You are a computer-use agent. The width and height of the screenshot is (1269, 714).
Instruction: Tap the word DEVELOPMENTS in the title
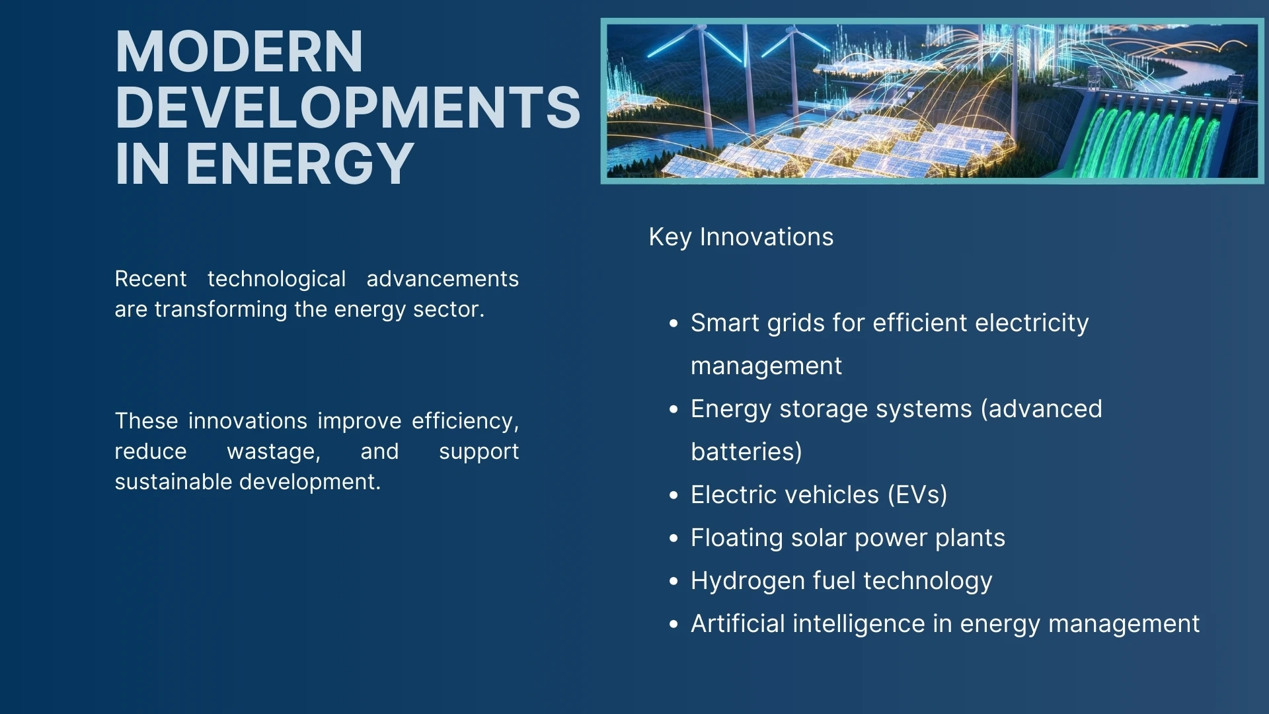pyautogui.click(x=348, y=108)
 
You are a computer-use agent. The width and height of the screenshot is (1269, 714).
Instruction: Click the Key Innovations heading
pyautogui.click(x=741, y=237)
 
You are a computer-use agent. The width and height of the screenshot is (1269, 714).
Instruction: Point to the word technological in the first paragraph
pyautogui.click(x=276, y=279)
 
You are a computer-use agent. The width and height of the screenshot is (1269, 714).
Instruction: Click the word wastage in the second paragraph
pyautogui.click(x=273, y=452)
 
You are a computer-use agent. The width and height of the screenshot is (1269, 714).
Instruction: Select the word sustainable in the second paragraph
pyautogui.click(x=173, y=482)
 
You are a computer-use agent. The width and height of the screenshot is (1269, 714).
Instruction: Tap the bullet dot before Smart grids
pyautogui.click(x=673, y=324)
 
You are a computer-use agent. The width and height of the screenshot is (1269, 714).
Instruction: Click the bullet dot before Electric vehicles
pyautogui.click(x=673, y=496)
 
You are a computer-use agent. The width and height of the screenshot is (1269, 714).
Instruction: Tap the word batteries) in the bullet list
pyautogui.click(x=746, y=452)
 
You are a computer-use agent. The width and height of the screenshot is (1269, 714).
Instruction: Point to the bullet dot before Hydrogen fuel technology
pyautogui.click(x=673, y=582)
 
